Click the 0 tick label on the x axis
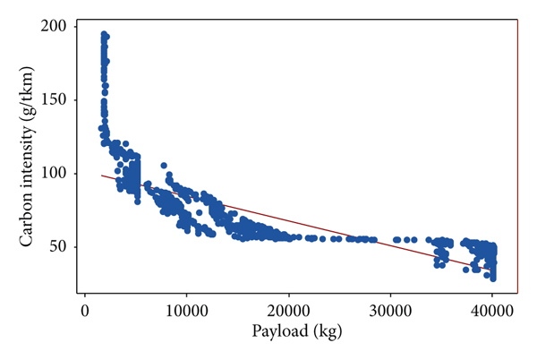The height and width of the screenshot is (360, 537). (85, 311)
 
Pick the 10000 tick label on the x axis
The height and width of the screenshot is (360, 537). (186, 311)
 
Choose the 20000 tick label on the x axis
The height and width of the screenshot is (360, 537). (288, 311)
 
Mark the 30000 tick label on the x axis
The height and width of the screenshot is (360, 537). (390, 311)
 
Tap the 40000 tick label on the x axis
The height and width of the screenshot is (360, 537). (491, 311)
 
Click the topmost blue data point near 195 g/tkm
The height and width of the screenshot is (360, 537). (105, 34)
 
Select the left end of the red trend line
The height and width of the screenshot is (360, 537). (101, 176)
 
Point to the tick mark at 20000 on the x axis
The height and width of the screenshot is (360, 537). (288, 297)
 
